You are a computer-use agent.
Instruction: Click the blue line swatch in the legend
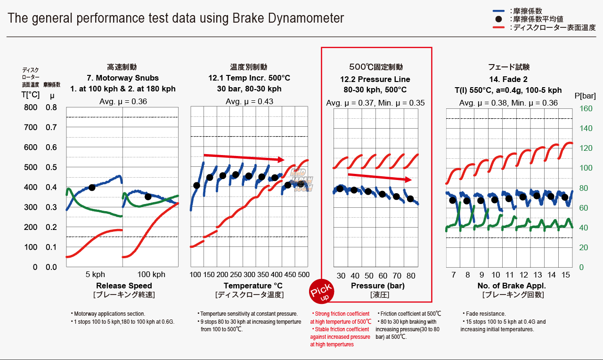tap(500, 10)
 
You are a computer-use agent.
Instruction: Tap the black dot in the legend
tap(500, 19)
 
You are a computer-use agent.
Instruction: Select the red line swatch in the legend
tap(500, 28)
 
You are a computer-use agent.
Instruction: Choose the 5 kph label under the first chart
tap(95, 275)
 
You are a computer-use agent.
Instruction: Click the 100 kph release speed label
tap(151, 275)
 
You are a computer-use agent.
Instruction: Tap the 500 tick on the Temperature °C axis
tap(304, 275)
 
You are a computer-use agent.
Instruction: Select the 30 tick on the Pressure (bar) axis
tap(341, 276)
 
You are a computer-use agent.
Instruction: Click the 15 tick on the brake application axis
tap(566, 275)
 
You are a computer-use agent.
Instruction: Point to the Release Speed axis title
tap(124, 286)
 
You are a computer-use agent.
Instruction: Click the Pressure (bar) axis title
tap(377, 286)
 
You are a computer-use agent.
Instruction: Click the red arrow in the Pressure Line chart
tap(380, 177)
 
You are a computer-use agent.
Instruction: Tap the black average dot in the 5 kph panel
tap(92, 187)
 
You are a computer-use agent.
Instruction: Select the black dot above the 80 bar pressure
tap(410, 199)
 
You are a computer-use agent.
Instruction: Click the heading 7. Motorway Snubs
tap(122, 78)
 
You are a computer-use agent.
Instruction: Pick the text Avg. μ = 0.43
tap(249, 102)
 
